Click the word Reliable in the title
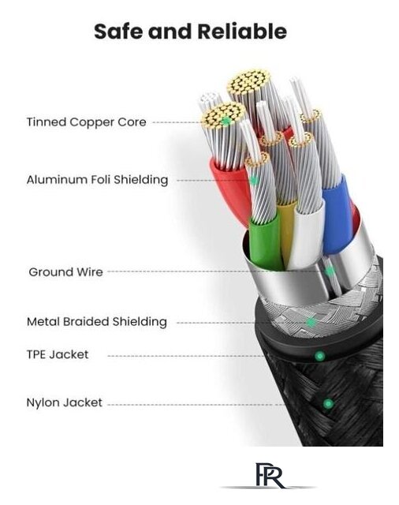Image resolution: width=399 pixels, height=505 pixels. coord(241,32)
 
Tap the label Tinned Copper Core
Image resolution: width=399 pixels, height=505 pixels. coord(86,122)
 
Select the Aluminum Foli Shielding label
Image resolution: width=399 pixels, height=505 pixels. coord(97,180)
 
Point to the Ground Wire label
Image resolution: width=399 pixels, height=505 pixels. coord(65,271)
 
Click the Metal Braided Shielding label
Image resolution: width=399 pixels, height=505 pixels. coord(97,321)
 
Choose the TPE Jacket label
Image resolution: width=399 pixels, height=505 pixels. coord(58,354)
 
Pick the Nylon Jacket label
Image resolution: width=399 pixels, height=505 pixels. coord(65,402)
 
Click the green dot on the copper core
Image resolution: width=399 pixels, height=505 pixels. coord(226,122)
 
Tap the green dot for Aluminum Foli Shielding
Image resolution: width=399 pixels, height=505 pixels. coord(254,181)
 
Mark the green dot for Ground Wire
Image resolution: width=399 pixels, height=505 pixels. coord(330,271)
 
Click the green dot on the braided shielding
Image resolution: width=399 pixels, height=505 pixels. coord(311,322)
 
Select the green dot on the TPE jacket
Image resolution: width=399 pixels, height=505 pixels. coord(319,356)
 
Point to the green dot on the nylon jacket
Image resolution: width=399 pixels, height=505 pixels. coord(328,403)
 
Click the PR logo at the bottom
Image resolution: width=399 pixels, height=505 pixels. coord(270,476)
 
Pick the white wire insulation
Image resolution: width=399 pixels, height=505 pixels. coord(304,235)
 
